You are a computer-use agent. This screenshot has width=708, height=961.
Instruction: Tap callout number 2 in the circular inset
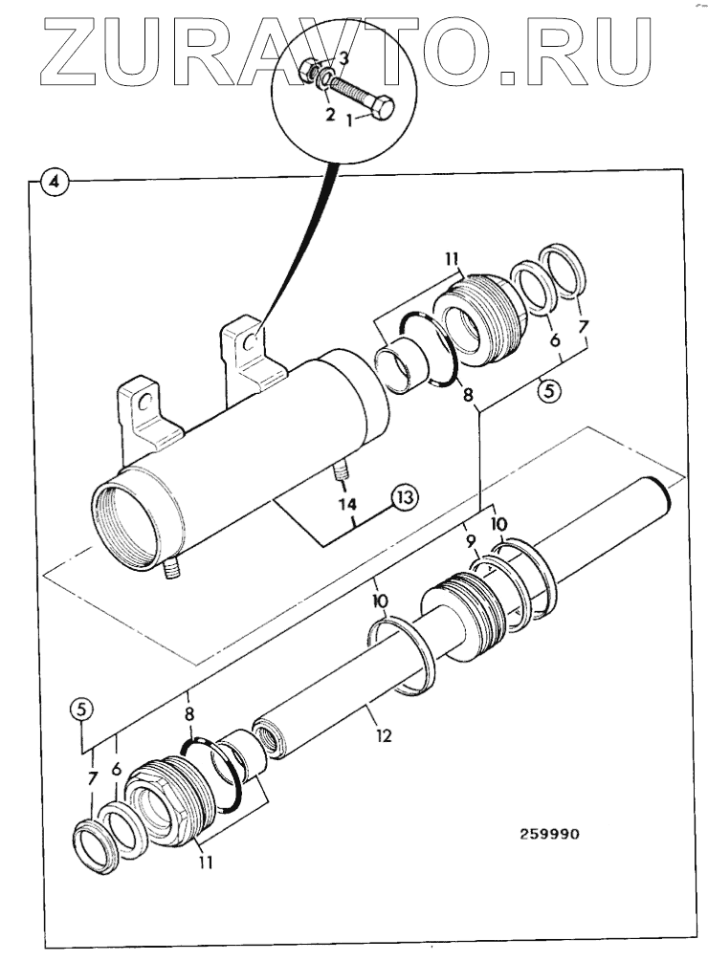328,115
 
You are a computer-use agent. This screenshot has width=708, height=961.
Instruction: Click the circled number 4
55,182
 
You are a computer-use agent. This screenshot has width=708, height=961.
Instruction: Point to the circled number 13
405,496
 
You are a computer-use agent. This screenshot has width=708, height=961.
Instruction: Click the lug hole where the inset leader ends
251,341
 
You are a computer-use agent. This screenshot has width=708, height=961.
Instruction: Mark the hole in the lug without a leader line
144,403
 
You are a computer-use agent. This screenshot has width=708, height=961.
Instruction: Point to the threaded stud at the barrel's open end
173,571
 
